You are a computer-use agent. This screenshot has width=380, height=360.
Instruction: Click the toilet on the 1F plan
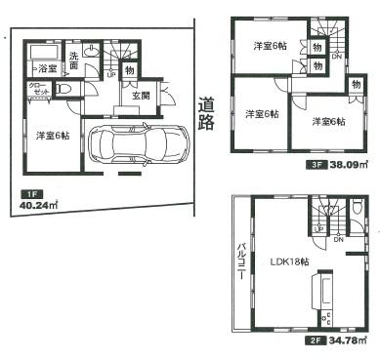[x=65, y=90]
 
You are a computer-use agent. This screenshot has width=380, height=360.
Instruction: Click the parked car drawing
[x=137, y=146]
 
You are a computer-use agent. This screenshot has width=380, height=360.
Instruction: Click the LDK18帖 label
[x=275, y=262]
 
